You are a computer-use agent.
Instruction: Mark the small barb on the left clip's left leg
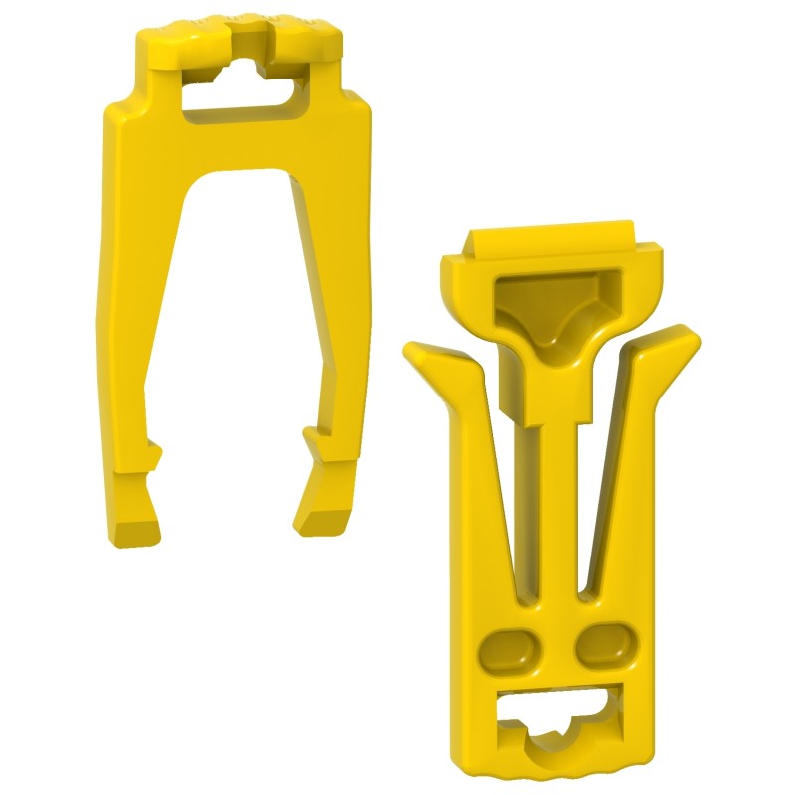(154, 453)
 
